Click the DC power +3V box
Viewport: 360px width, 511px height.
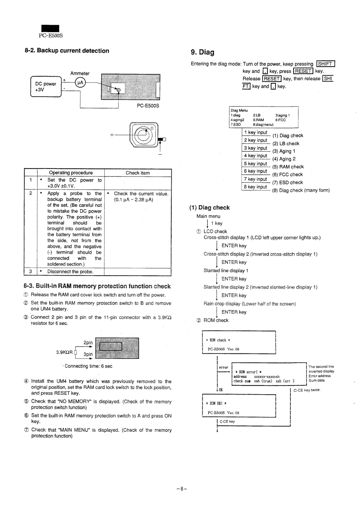[x=46, y=87]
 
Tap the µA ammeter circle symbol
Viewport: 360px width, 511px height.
[x=80, y=83]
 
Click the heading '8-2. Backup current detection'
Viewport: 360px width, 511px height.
[x=67, y=51]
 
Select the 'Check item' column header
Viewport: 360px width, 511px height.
[x=138, y=173]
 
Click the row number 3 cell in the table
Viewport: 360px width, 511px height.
[x=31, y=272]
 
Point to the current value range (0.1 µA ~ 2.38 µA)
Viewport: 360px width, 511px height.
[x=133, y=200]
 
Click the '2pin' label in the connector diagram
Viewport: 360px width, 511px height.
[x=88, y=343]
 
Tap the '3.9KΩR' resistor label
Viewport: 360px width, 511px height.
[x=64, y=352]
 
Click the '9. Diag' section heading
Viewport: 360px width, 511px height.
[x=202, y=52]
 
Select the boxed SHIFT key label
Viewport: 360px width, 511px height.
[x=326, y=64]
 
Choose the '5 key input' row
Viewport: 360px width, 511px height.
[x=256, y=164]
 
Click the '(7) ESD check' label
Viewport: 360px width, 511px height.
[x=287, y=182]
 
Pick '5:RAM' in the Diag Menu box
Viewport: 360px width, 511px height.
[x=258, y=120]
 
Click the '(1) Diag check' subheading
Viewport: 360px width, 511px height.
[x=209, y=208]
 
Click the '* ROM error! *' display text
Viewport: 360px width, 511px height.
[x=248, y=372]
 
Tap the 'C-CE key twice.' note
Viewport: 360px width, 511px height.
[x=307, y=390]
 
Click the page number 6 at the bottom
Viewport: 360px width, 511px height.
[x=181, y=489]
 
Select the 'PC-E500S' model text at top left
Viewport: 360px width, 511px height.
[x=51, y=35]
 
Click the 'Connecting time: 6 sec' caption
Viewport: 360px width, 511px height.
[x=88, y=366]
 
